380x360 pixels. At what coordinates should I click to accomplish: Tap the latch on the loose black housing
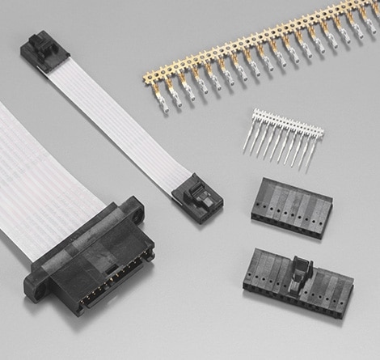pyautogui.click(x=301, y=269)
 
